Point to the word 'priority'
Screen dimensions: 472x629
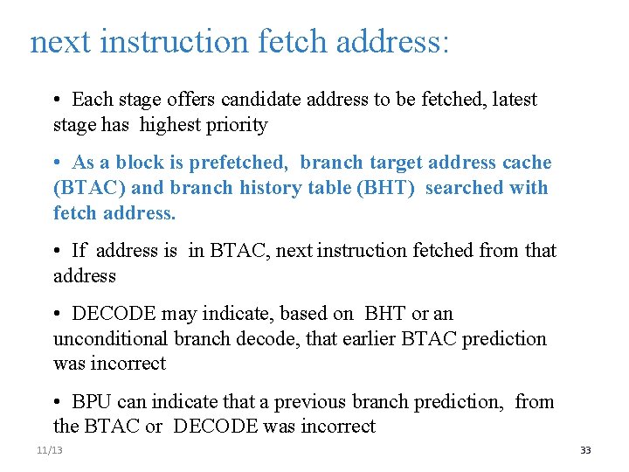(236, 125)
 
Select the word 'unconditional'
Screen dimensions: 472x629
(111, 338)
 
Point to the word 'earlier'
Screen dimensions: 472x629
(366, 338)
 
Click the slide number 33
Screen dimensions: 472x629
(585, 450)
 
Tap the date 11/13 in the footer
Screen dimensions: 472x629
(50, 450)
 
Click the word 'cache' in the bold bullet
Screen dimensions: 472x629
(526, 163)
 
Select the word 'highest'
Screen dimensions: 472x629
(169, 125)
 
